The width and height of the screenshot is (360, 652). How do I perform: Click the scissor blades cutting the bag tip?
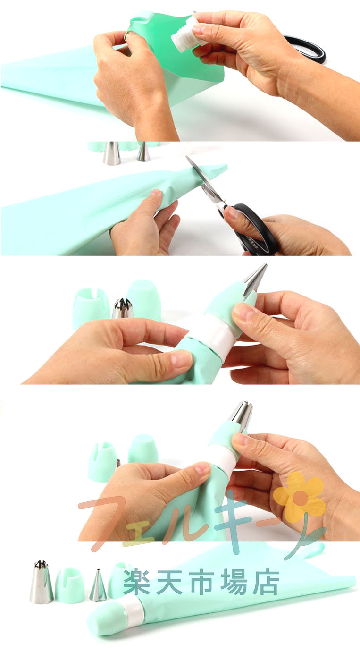click(203, 178)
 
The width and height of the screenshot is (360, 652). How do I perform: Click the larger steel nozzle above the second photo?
click(112, 153)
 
